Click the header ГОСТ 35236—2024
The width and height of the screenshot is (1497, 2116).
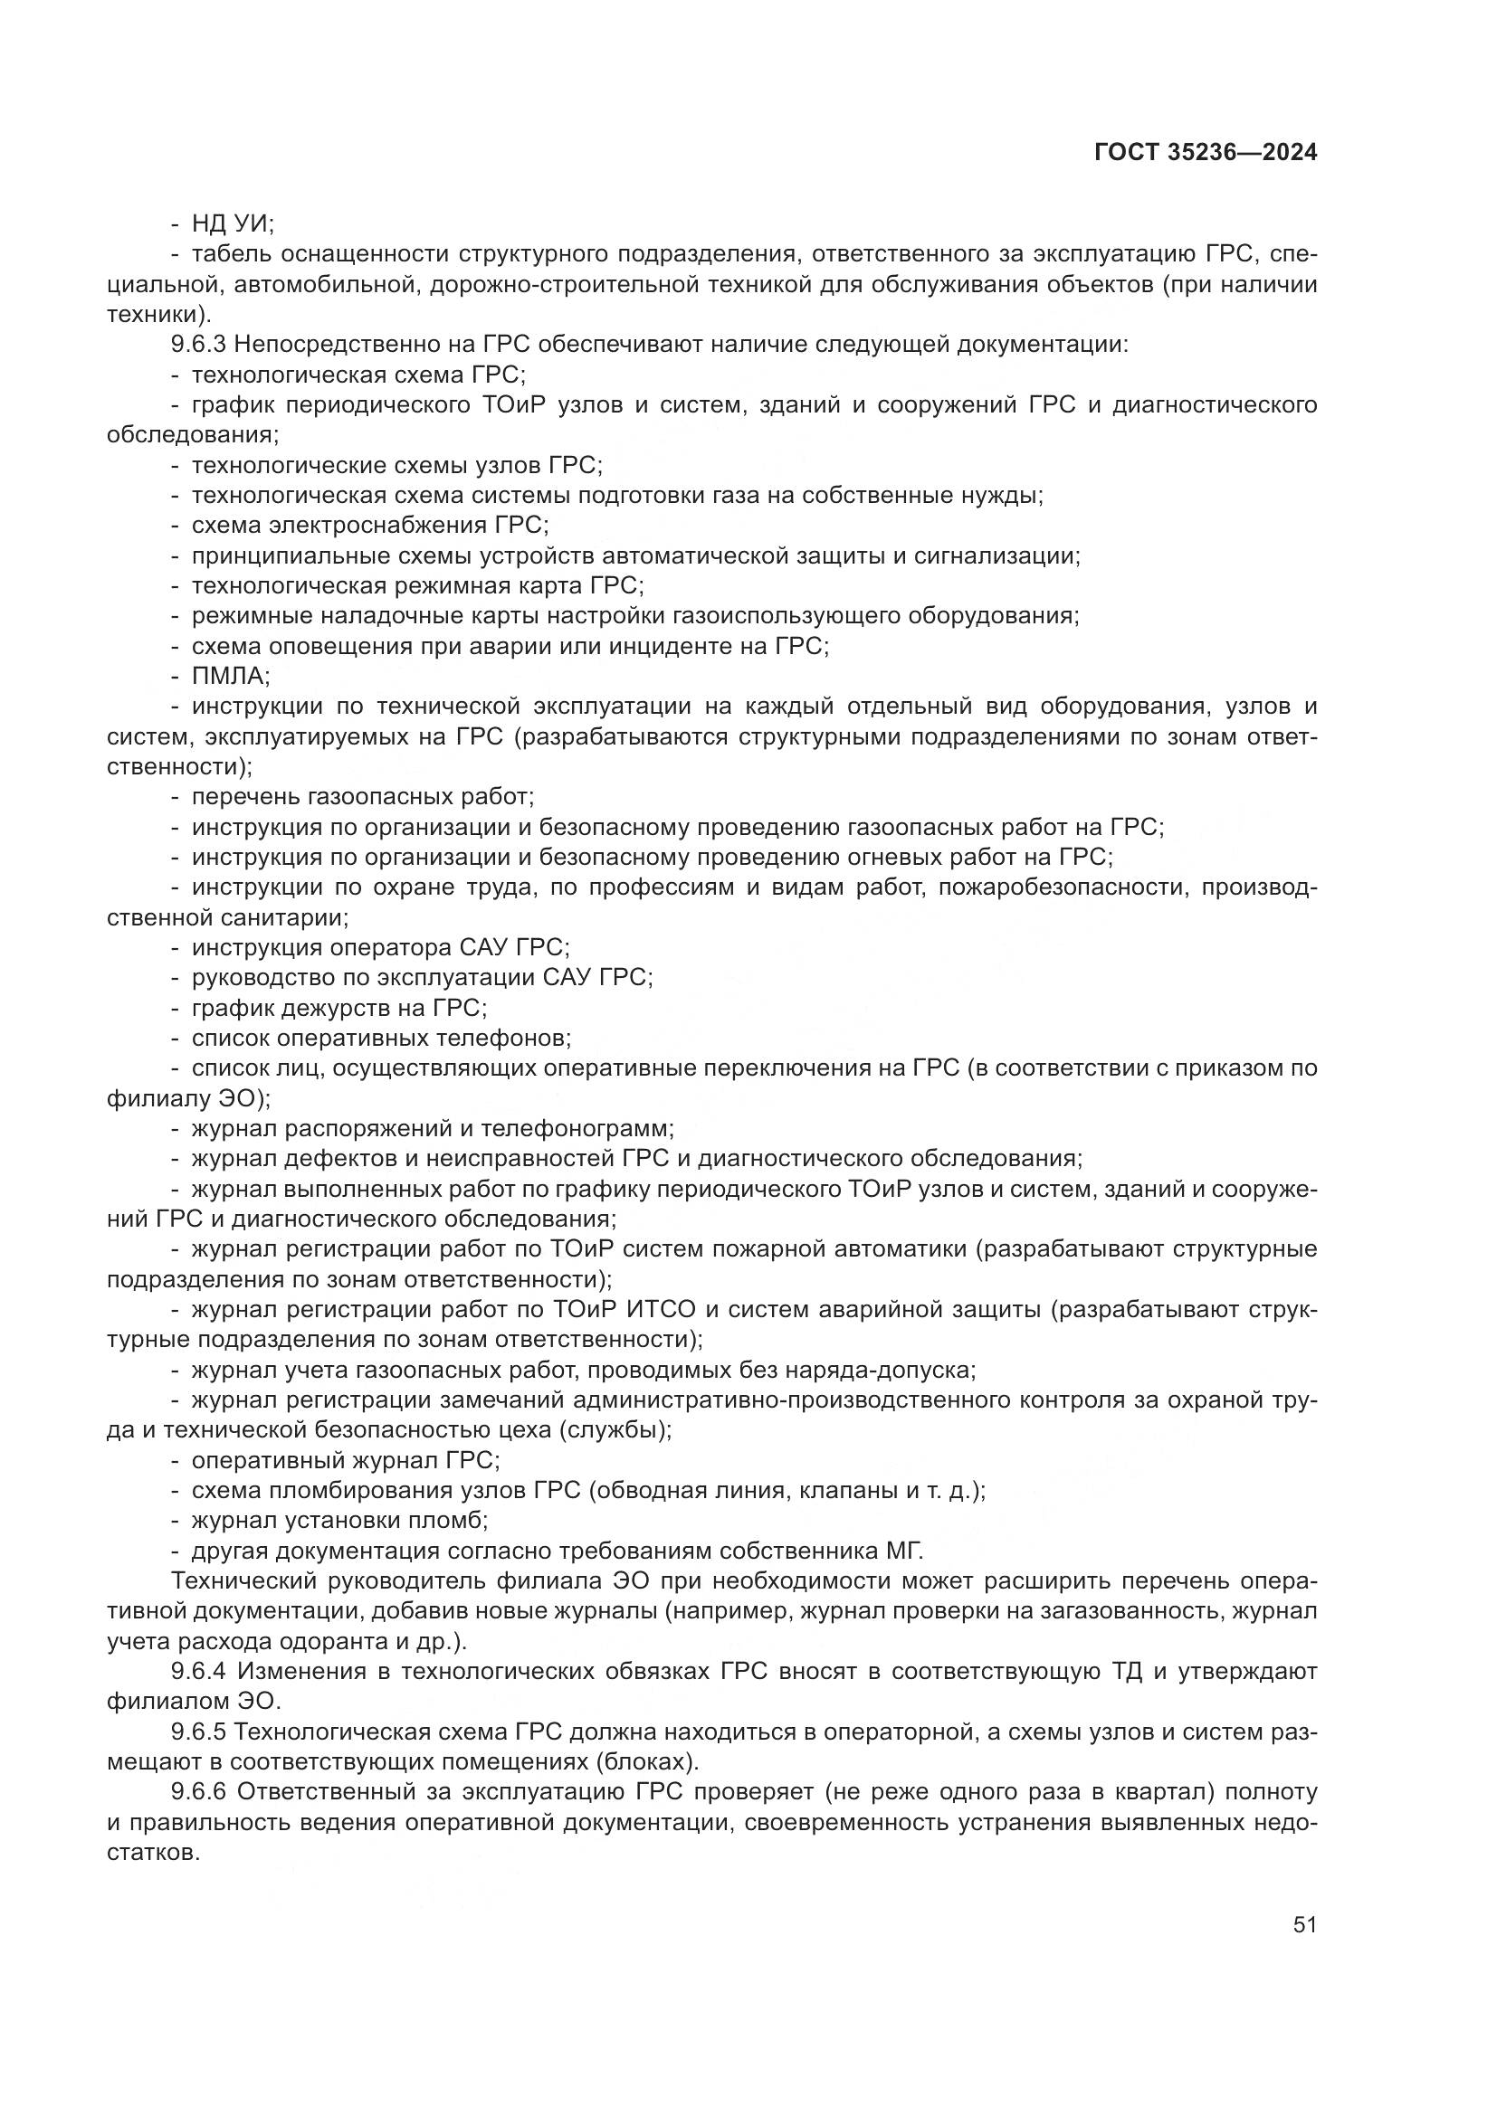pos(1205,153)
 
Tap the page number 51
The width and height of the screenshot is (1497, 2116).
pos(1304,1924)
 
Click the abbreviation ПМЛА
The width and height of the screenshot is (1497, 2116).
pos(230,677)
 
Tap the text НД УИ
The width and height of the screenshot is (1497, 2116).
pos(232,224)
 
